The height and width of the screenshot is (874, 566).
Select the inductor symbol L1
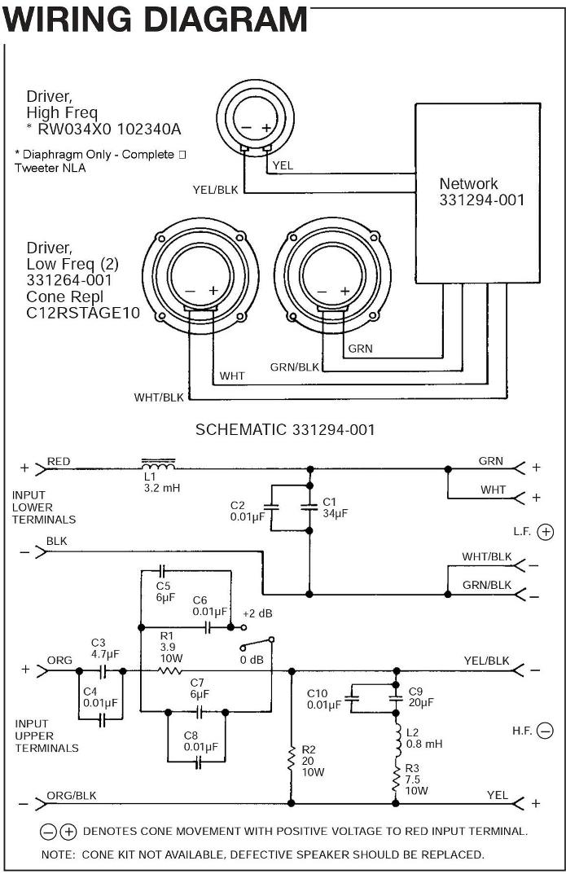coord(158,464)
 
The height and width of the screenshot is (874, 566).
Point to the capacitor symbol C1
coord(309,507)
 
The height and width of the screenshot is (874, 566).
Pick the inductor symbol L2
coord(397,740)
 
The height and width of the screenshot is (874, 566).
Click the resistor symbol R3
coord(396,779)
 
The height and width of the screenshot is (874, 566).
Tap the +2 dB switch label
coord(257,613)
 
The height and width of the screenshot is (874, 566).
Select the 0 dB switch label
coord(252,660)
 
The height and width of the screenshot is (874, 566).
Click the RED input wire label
coord(59,462)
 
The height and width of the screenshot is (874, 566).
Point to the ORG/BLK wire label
coord(72,796)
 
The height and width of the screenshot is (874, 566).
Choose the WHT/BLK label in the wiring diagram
coord(159,397)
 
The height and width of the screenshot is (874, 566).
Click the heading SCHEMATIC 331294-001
coord(285,430)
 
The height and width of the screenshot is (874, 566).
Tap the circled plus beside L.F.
coord(546,532)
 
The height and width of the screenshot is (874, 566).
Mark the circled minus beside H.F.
coord(546,731)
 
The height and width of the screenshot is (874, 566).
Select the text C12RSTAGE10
coord(83,313)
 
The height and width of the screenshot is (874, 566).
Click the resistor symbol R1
coord(170,671)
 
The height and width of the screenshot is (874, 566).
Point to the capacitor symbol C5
coord(162,571)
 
